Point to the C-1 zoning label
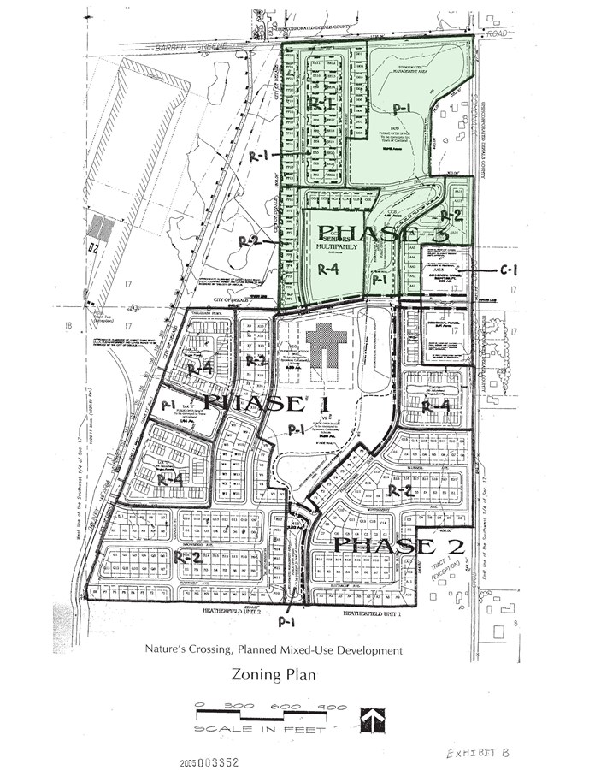click(510, 270)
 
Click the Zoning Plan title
click(274, 674)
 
